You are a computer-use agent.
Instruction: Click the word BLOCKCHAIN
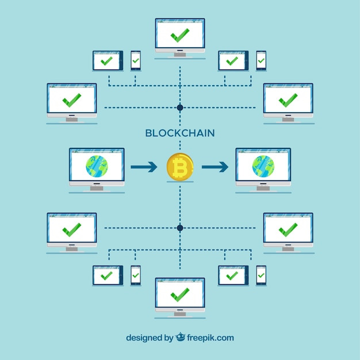pos(180,133)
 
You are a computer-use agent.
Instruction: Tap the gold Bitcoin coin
pos(180,167)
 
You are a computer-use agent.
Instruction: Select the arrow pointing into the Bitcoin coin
pos(144,167)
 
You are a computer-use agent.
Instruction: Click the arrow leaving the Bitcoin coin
pos(215,167)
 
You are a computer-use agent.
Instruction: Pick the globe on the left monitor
pos(97,166)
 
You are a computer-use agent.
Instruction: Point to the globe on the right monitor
pos(263,166)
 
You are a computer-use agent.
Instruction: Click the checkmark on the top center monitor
pos(180,36)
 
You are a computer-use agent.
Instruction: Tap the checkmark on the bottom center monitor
pos(180,295)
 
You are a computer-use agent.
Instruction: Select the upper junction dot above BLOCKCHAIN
pos(180,108)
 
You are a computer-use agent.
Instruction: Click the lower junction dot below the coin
pos(180,228)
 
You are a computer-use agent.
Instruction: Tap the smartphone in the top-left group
pos(136,60)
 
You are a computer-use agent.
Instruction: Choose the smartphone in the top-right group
pos(261,60)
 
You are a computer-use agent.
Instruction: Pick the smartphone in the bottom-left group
pos(136,275)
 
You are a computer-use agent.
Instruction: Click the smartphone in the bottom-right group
pos(261,275)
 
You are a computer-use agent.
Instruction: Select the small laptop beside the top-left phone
pos(108,60)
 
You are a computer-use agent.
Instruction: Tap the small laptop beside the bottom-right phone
pos(233,275)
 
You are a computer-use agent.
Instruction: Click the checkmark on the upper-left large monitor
pos(72,100)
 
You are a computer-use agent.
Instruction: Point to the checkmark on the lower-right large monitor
pos(288,229)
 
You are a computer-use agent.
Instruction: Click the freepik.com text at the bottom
pos(209,338)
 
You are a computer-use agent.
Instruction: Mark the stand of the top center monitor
pos(180,54)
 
